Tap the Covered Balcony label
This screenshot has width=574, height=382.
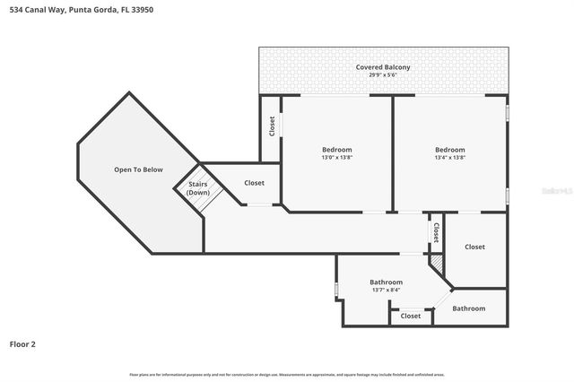click(383, 67)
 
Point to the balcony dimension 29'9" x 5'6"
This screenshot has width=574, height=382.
click(383, 75)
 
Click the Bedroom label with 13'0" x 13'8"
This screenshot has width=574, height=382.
click(337, 149)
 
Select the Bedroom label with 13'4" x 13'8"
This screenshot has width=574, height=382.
click(450, 149)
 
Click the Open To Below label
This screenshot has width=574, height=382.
click(138, 169)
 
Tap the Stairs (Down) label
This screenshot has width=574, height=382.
click(198, 188)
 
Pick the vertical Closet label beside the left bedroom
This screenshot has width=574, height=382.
click(273, 126)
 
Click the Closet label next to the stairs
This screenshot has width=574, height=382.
click(254, 183)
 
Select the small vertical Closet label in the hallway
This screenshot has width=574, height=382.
click(436, 232)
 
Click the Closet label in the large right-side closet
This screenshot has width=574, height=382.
click(474, 247)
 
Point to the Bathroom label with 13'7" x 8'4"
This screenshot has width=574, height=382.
click(387, 282)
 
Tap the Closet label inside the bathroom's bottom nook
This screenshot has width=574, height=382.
click(411, 316)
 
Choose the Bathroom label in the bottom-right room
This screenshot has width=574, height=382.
click(468, 308)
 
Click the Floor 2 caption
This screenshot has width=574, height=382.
click(22, 343)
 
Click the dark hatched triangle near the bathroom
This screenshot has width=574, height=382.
click(438, 264)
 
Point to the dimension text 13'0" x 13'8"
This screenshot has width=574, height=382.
click(337, 158)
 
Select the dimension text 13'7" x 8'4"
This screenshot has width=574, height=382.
click(387, 291)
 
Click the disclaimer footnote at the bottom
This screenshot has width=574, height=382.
click(287, 374)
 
